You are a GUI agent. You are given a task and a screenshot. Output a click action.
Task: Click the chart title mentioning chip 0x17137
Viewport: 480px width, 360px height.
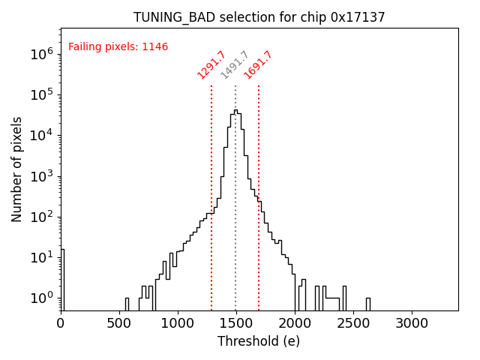click(x=259, y=17)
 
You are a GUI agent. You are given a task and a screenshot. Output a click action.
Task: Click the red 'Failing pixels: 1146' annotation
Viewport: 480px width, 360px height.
click(x=118, y=46)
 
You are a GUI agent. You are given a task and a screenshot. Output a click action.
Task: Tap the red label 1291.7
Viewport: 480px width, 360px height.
click(x=211, y=64)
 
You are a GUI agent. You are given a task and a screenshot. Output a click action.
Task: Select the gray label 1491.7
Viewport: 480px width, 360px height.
click(x=234, y=64)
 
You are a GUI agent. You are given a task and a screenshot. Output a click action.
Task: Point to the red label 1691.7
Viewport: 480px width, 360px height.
click(x=258, y=64)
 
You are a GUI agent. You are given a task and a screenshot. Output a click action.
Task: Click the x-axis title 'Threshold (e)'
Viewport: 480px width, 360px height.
click(x=259, y=341)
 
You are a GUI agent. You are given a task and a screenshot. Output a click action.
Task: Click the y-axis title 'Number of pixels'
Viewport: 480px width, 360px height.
click(x=17, y=169)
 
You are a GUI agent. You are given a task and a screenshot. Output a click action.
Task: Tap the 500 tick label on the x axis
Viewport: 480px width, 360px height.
click(x=119, y=323)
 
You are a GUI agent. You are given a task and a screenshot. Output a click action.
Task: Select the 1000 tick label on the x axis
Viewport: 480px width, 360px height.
click(x=178, y=323)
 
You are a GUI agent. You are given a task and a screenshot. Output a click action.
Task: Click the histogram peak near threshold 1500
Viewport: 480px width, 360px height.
click(x=235, y=111)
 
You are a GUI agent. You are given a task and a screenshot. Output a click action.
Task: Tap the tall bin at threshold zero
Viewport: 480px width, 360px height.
click(x=62, y=277)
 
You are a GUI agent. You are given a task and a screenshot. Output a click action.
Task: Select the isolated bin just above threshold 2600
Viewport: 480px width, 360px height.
click(x=367, y=302)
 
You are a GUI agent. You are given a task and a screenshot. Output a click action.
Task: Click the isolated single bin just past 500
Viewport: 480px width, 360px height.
click(x=127, y=303)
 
